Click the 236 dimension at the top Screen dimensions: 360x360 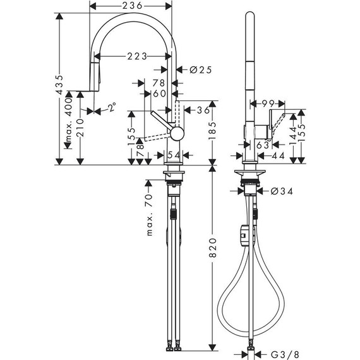(131, 5)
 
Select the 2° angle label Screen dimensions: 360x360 (112, 108)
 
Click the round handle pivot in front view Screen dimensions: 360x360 (177, 133)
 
